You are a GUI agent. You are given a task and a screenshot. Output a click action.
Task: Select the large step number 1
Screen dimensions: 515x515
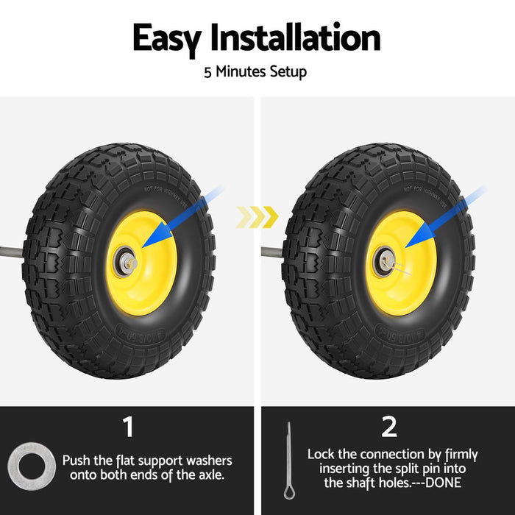[x=128, y=427]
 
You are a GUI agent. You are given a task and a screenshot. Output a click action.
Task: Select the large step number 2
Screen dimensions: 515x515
[x=388, y=426]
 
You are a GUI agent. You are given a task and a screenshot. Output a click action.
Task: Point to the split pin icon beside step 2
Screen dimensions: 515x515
[x=288, y=461]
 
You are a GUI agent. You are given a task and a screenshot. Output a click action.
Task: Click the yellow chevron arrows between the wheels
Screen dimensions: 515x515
[x=257, y=216]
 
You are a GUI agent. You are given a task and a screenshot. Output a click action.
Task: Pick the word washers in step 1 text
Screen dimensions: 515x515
[x=210, y=461]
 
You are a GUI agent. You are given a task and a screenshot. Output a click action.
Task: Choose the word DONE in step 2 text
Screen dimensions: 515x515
[x=443, y=483]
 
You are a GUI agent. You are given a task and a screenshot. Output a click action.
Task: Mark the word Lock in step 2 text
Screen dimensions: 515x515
[x=322, y=455]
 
